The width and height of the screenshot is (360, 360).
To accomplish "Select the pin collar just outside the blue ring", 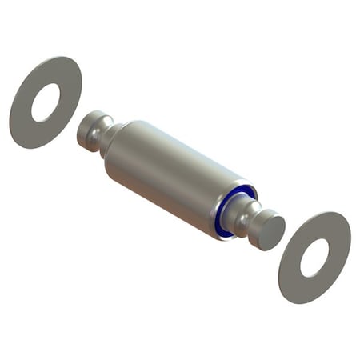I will (238, 210).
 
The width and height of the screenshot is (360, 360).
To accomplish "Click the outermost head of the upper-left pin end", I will (86, 131).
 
